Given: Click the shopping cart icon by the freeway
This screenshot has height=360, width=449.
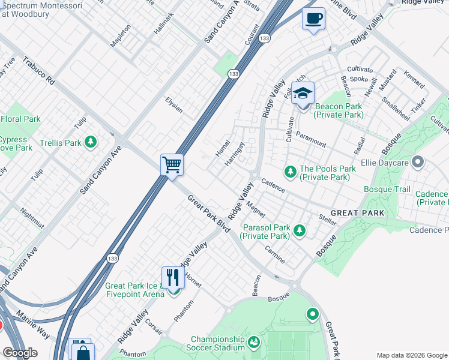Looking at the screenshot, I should [x=172, y=164].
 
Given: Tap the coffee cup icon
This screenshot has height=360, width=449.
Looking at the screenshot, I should [x=313, y=19].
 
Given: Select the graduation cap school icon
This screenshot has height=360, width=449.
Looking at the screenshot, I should [x=303, y=94].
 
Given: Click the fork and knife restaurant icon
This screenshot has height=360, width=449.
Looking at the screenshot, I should [x=173, y=277].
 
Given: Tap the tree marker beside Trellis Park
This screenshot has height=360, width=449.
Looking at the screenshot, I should [x=90, y=142].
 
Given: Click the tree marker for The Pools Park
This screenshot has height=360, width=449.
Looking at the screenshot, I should [x=291, y=173].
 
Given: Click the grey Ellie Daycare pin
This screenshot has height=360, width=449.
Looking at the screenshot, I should [x=418, y=162].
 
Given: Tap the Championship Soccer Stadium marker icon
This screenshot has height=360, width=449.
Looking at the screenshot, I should [x=254, y=343].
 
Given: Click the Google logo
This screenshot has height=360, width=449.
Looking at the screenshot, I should [x=20, y=353].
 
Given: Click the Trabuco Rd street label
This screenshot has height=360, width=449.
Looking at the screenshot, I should [x=39, y=70].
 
